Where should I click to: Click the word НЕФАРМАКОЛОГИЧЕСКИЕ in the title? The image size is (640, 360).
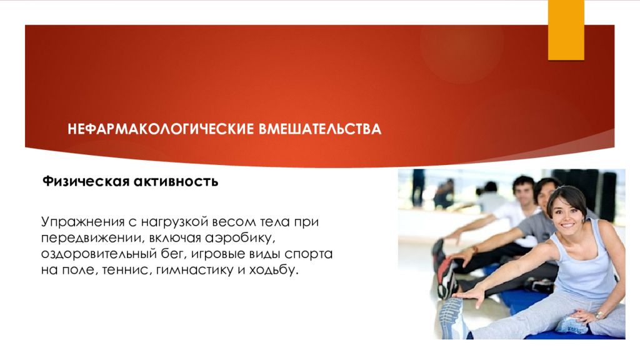161,130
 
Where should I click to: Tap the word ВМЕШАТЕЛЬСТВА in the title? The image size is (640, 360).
319,130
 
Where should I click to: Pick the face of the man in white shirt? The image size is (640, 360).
522,189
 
